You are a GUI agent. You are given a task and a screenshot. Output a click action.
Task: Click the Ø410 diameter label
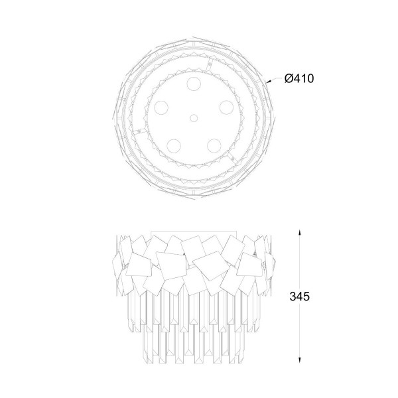pyautogui.click(x=299, y=78)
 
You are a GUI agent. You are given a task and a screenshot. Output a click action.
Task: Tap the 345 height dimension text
pyautogui.click(x=300, y=297)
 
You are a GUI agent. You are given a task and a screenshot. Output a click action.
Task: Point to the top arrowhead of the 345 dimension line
pyautogui.click(x=300, y=233)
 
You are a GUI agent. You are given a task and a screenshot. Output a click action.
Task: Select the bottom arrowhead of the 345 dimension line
pyautogui.click(x=300, y=360)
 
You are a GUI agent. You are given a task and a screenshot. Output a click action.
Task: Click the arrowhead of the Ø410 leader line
pyautogui.click(x=268, y=82)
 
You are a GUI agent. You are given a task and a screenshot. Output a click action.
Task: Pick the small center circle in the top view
pyautogui.click(x=194, y=118)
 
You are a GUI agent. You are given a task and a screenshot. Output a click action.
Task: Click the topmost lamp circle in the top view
pyautogui.click(x=194, y=83)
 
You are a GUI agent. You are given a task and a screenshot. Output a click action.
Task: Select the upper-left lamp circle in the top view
pyautogui.click(x=161, y=107)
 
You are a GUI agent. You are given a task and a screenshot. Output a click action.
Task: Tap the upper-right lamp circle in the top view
pyautogui.click(x=226, y=107)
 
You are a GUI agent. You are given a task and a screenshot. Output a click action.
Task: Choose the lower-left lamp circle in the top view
pyautogui.click(x=174, y=146)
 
